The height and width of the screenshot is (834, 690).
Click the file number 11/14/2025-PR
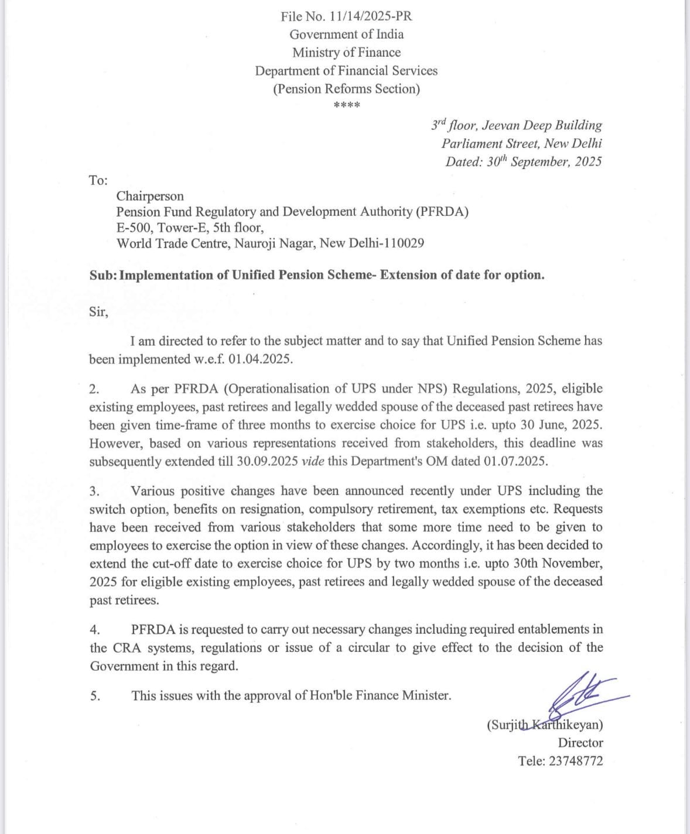coord(369,16)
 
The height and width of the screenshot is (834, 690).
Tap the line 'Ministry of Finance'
coord(346,53)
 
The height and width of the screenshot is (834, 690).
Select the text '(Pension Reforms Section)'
coord(346,89)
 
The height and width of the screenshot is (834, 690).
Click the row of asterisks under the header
coord(346,106)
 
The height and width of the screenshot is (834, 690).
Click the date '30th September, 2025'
coord(544,162)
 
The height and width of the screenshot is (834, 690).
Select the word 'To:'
coord(98,180)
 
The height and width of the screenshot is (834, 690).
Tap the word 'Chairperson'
coord(150,196)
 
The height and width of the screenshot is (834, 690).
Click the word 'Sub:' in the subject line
coord(103,275)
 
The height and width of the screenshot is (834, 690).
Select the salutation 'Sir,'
coord(98,311)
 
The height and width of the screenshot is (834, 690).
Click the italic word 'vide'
coord(312,461)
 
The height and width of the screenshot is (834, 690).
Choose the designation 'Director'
coord(580,743)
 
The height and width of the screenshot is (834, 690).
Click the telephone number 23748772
coord(576,761)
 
